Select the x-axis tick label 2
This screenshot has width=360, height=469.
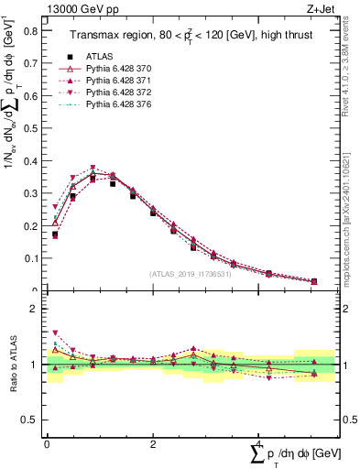point(153,443)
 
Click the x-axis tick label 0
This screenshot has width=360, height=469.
point(47,443)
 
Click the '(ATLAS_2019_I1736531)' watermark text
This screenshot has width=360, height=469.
point(190,274)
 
